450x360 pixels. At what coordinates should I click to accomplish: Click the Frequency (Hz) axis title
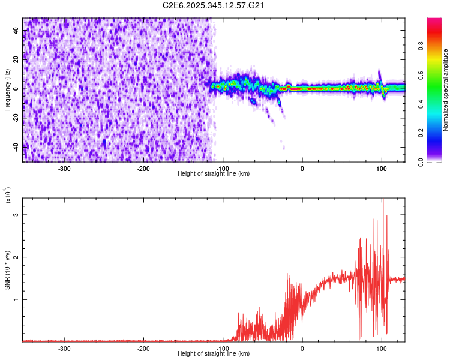(x=7, y=90)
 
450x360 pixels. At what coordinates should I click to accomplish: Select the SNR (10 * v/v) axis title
(x=7, y=270)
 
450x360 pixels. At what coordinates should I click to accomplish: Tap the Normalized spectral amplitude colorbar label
(x=446, y=90)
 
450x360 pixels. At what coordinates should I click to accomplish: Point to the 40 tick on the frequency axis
(x=17, y=31)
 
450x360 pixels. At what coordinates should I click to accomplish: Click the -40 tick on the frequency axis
(x=16, y=146)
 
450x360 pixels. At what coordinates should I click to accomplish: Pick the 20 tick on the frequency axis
(x=17, y=60)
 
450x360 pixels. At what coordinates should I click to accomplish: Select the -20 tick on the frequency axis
(x=16, y=117)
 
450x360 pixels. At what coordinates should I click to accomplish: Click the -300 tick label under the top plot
(x=64, y=169)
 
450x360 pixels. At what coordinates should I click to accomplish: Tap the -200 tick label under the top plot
(x=143, y=169)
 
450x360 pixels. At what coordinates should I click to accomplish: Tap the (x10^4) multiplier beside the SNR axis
(x=8, y=196)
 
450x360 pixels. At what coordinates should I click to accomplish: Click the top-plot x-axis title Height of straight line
(x=214, y=174)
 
